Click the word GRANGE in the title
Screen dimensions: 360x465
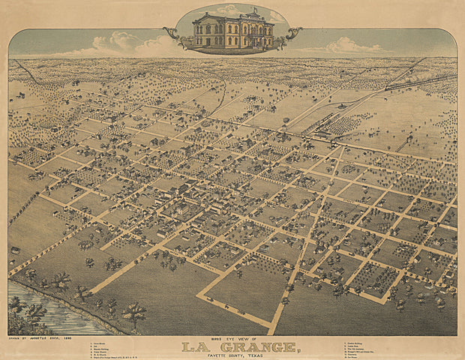(x=252, y=346)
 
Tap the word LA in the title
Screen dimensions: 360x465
(x=195, y=346)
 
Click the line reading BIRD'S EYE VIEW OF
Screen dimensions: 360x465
(x=232, y=338)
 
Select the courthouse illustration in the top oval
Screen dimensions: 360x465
(x=232, y=30)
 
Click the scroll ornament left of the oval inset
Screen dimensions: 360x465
(x=171, y=34)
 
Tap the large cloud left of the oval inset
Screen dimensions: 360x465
(x=120, y=43)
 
